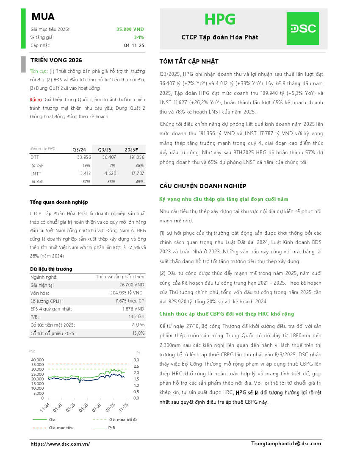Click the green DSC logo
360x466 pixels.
tap(302, 28)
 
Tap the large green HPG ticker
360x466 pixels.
tap(220, 19)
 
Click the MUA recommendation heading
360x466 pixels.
tap(43, 17)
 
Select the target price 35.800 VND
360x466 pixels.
tap(130, 29)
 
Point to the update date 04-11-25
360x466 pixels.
tap(134, 45)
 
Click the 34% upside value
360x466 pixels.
tap(139, 37)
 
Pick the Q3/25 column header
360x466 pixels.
tap(105, 150)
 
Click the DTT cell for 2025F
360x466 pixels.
tap(135, 157)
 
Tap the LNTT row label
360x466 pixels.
tap(36, 173)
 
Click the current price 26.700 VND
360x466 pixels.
tap(132, 285)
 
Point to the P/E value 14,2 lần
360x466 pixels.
tap(136, 317)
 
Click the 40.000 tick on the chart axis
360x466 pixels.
tap(37, 360)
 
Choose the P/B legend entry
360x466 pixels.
tap(111, 427)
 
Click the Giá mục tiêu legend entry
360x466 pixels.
tap(61, 427)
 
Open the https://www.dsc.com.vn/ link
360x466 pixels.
tap(60, 444)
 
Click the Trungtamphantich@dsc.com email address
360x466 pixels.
tap(286, 443)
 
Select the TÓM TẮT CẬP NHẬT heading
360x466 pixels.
tap(189, 61)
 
